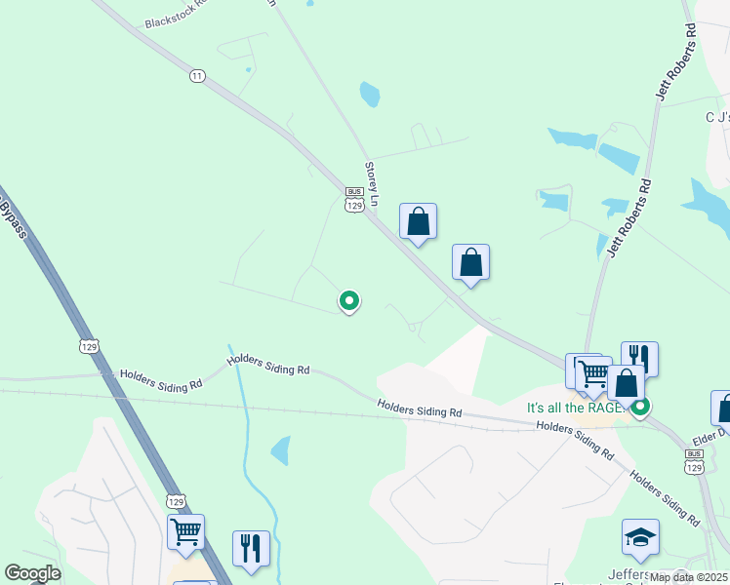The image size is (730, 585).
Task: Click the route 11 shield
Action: pos(198,75)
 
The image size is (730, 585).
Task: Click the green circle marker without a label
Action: pos(348,301)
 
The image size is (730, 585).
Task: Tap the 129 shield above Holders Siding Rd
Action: pos(89,346)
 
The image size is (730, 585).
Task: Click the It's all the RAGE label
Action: pos(575,408)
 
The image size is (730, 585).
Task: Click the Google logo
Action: pos(32,573)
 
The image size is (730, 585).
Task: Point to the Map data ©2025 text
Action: pos(688,577)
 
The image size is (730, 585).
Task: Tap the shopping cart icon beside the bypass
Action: pos(185,532)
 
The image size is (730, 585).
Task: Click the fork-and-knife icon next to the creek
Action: pos(251,548)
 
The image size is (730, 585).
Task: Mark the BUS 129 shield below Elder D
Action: pos(694,461)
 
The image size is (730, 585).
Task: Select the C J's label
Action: pos(716,117)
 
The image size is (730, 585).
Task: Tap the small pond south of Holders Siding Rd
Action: pos(281,450)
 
